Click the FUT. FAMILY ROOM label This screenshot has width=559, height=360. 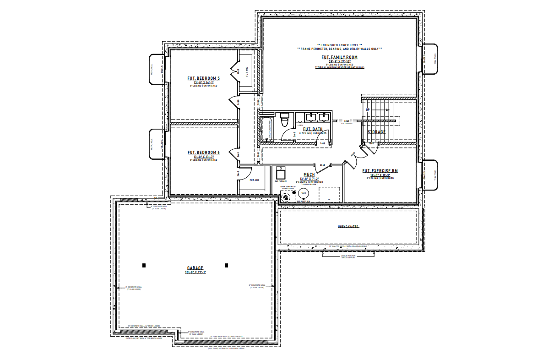(339, 57)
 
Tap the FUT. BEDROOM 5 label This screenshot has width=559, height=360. (203, 78)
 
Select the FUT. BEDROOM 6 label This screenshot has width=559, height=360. (203, 152)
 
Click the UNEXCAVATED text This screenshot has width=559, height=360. (348, 227)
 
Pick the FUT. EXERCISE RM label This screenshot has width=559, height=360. (380, 171)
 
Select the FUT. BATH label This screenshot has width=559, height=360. (313, 129)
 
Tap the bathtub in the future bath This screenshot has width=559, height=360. (266, 129)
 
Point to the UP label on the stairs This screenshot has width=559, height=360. (367, 110)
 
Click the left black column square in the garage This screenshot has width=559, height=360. (144, 265)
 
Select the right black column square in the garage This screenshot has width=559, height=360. (226, 265)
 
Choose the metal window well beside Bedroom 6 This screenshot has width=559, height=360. (156, 144)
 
